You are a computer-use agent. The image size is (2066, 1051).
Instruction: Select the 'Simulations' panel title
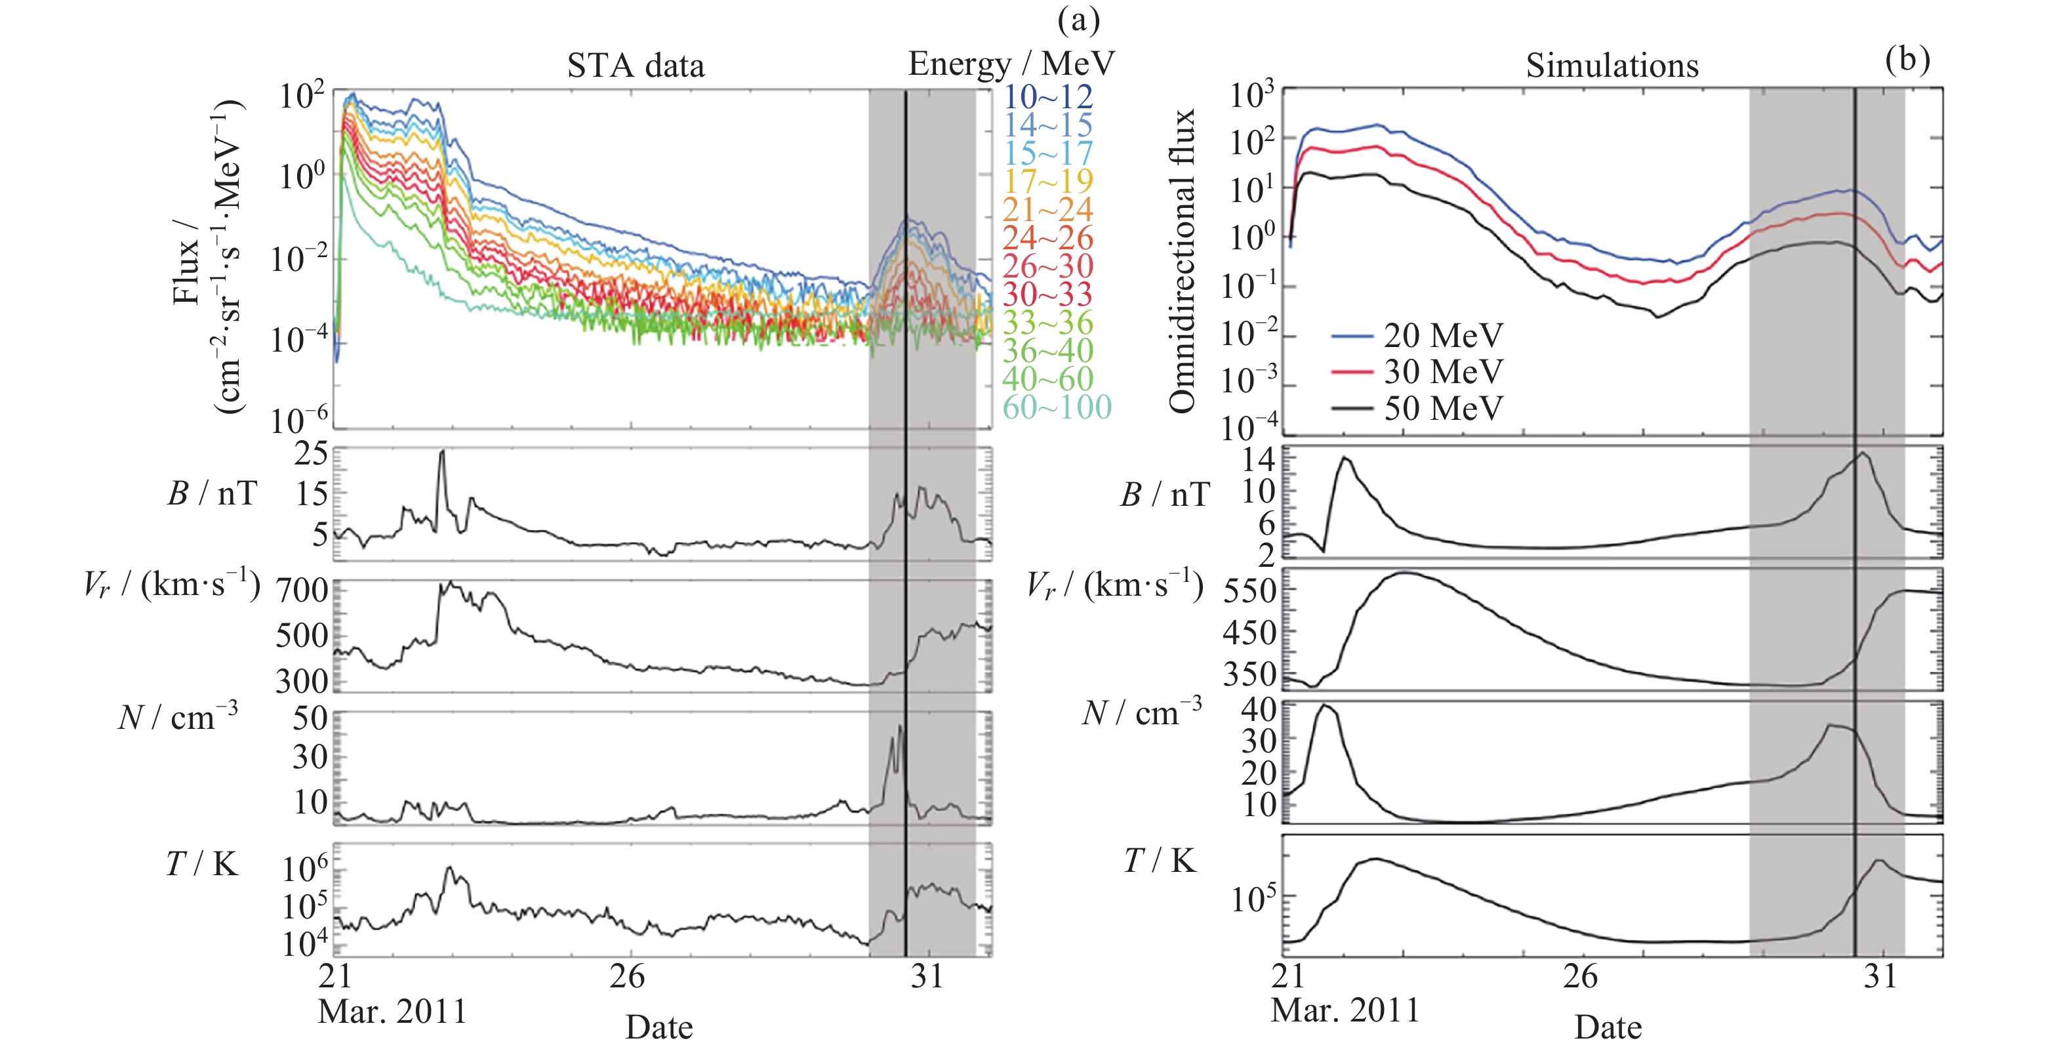point(1611,66)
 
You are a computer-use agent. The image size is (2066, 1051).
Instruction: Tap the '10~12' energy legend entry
point(1047,97)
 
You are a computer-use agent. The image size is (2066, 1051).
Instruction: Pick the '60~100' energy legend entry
point(1056,407)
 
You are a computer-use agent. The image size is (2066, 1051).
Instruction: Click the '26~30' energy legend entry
point(1047,266)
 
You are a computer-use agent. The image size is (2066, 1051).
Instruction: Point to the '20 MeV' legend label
point(1443,335)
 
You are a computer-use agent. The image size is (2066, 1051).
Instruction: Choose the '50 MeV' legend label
point(1443,408)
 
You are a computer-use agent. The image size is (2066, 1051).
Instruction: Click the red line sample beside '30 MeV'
point(1352,372)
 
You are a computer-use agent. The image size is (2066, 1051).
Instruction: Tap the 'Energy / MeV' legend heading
point(1011,64)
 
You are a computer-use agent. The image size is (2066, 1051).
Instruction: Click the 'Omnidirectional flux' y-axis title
point(1182,260)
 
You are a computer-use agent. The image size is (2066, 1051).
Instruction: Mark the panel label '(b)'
point(1907,58)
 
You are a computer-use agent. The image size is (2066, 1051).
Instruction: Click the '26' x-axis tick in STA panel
point(626,976)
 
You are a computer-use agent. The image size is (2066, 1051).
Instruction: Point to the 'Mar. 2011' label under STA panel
point(392,1012)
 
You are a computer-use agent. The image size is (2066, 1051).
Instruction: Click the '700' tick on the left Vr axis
point(302,591)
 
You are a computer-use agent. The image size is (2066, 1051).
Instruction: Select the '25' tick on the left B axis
point(311,454)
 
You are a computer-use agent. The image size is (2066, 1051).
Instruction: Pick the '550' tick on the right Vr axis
point(1249,591)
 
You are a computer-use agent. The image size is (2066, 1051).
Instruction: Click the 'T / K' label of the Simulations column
point(1160,861)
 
